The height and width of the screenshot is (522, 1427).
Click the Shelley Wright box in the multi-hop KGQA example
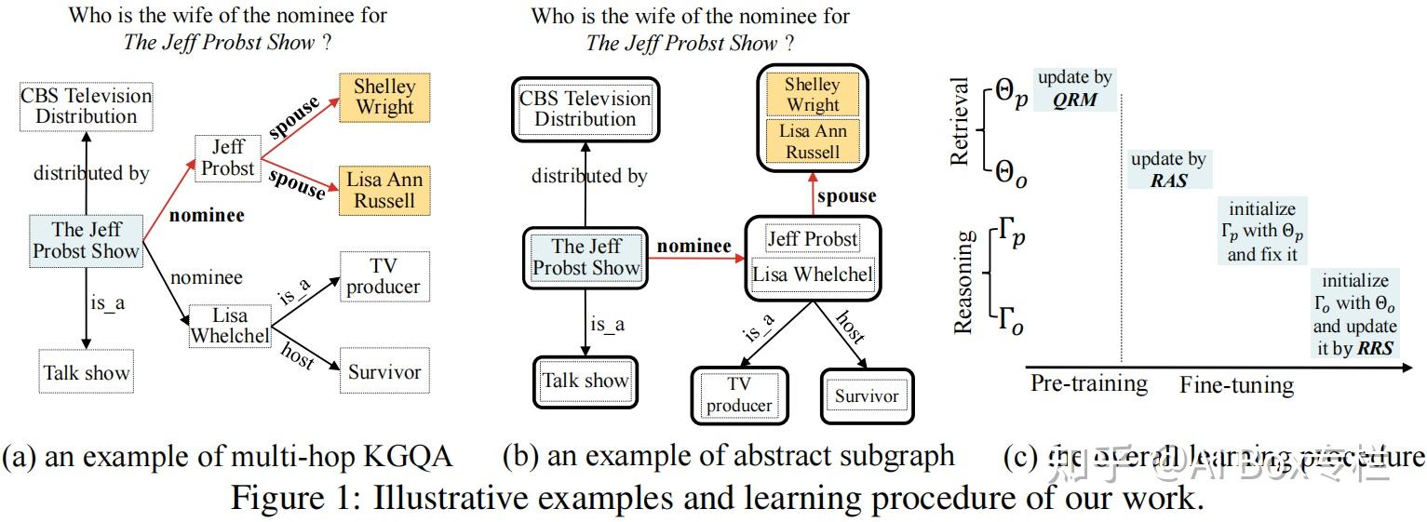[x=384, y=96]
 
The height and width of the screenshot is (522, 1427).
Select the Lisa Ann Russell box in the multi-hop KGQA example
[x=384, y=190]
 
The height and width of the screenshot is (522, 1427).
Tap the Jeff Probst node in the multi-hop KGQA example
[x=228, y=157]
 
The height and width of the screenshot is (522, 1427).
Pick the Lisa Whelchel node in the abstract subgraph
[x=813, y=274]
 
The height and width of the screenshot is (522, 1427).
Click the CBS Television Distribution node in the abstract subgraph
[x=585, y=109]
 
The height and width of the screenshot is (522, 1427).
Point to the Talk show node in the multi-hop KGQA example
[x=87, y=373]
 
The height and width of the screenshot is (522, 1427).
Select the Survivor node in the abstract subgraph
[x=867, y=396]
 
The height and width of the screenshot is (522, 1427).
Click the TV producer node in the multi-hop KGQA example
[x=384, y=276]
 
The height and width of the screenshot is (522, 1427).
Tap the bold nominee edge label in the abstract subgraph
[x=693, y=247]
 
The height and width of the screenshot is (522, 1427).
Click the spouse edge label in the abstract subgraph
[x=846, y=196]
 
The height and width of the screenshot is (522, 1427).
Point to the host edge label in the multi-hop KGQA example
[x=299, y=354]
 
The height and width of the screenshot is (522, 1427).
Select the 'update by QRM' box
[x=1075, y=89]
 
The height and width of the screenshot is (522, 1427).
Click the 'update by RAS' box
[x=1168, y=169]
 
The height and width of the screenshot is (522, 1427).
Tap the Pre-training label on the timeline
[x=1088, y=383]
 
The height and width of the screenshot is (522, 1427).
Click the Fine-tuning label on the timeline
[x=1236, y=385]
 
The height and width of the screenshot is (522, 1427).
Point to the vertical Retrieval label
[x=960, y=122]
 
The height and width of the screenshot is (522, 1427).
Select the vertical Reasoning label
[x=963, y=281]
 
